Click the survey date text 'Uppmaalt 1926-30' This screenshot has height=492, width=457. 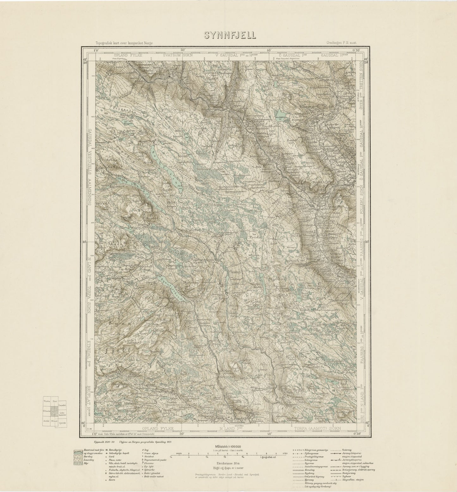pos(99,441)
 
